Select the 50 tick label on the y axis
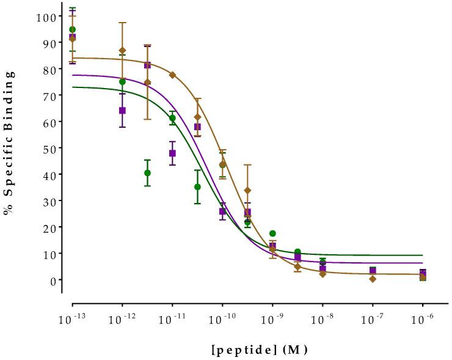pos(48,148)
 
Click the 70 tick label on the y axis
pos(48,95)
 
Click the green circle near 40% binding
pos(147,173)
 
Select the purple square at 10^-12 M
pos(122,111)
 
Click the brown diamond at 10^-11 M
pos(172,75)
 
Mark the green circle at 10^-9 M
pos(272,233)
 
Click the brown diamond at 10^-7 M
pos(373,279)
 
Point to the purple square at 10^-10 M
pos(222,211)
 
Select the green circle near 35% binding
pos(197,187)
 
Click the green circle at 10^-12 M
pos(122,82)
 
